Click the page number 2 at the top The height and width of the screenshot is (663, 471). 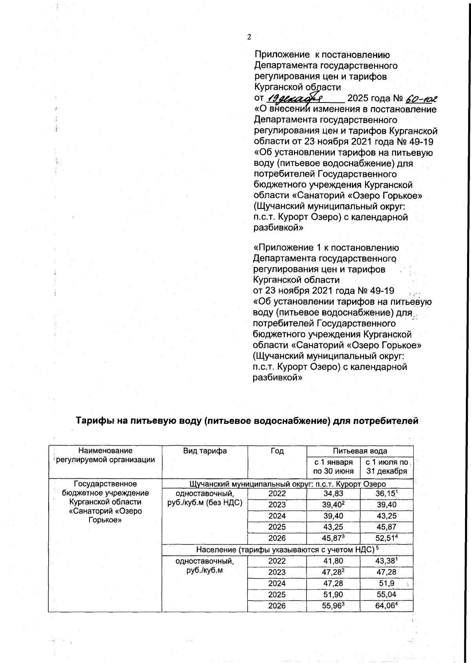pyautogui.click(x=249, y=37)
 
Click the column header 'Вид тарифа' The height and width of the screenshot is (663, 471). pyautogui.click(x=205, y=451)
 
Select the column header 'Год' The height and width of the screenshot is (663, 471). pyautogui.click(x=277, y=451)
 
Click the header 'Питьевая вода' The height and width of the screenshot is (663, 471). pyautogui.click(x=360, y=451)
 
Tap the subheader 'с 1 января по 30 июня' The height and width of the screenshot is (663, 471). pyautogui.click(x=333, y=467)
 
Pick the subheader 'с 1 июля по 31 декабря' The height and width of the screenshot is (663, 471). pyautogui.click(x=387, y=467)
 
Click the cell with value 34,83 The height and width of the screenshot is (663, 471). pyautogui.click(x=333, y=493)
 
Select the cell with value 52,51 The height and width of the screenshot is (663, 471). pyautogui.click(x=387, y=538)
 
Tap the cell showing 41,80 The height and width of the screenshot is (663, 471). pyautogui.click(x=333, y=561)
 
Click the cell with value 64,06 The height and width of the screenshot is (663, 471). pyautogui.click(x=387, y=606)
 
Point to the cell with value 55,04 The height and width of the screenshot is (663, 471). pyautogui.click(x=387, y=595)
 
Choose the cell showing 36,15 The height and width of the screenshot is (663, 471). pyautogui.click(x=387, y=493)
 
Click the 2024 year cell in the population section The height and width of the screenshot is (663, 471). pyautogui.click(x=277, y=583)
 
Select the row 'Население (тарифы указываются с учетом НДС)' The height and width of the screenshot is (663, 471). pyautogui.click(x=287, y=550)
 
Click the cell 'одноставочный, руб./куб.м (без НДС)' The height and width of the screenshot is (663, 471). pyautogui.click(x=204, y=498)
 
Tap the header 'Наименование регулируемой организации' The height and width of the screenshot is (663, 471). pyautogui.click(x=105, y=455)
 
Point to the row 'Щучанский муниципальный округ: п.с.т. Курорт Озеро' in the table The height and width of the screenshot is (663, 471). pyautogui.click(x=287, y=484)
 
